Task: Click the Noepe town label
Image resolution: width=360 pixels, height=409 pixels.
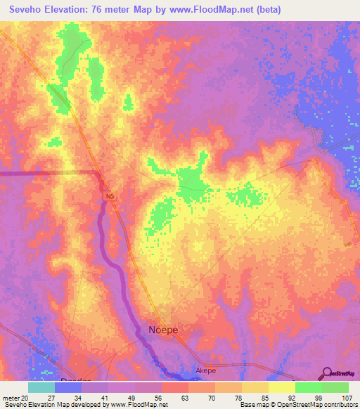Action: (x=164, y=330)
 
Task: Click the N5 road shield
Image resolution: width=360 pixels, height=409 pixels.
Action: (x=109, y=197)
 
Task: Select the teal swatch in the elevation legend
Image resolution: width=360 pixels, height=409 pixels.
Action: (x=41, y=387)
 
